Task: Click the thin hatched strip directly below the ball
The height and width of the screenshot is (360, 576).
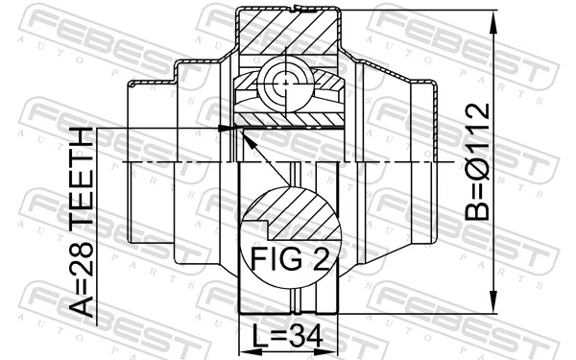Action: [288, 119]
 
